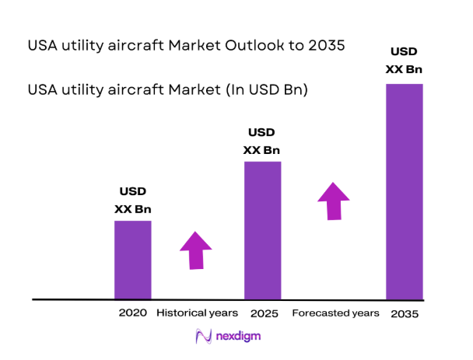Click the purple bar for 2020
pos(133,260)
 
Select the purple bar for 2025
pos(262,230)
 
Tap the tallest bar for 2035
pos(405,191)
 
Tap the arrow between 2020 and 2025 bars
pos(195,250)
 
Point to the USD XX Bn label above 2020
pos(132,200)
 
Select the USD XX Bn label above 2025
pos(262,141)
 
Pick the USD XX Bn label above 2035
pos(405,61)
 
